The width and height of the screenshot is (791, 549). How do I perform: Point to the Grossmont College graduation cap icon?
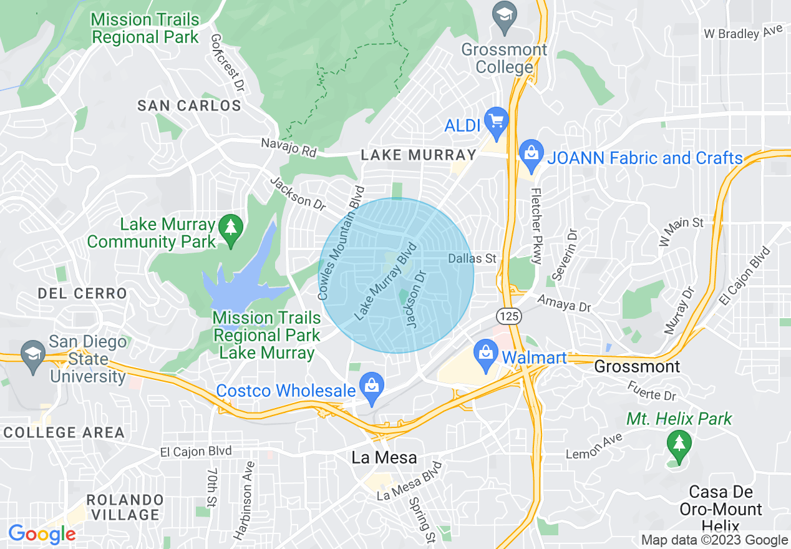(x=502, y=12)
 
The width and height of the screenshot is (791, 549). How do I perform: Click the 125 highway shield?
(x=510, y=316)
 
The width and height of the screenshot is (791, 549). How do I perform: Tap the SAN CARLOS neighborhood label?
(x=189, y=105)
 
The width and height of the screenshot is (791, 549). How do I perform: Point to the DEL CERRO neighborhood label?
(x=82, y=293)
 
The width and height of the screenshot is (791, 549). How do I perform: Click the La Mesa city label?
(x=384, y=457)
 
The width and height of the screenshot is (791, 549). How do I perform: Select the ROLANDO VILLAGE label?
(x=125, y=507)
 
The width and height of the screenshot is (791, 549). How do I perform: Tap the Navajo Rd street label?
(x=289, y=148)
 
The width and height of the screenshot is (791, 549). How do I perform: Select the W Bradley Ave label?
(x=742, y=33)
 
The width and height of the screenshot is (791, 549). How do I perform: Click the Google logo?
(x=42, y=534)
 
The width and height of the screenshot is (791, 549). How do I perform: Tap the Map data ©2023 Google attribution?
(x=714, y=540)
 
